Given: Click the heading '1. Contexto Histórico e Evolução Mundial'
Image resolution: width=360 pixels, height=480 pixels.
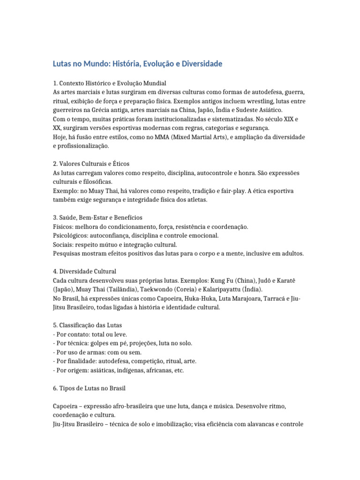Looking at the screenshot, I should (x=110, y=82).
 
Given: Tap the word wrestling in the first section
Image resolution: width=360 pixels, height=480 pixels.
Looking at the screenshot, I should (x=256, y=100).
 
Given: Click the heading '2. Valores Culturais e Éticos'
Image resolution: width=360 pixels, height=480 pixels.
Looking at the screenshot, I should (x=91, y=164).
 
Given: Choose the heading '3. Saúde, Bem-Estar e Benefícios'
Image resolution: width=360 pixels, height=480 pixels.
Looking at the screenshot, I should (x=97, y=217).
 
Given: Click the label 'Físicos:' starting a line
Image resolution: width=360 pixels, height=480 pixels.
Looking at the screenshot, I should (x=63, y=226).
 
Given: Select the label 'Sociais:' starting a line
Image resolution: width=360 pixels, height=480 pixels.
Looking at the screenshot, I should (x=63, y=244).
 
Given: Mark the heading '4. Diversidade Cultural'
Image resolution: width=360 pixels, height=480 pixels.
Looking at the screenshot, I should (x=84, y=271).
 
